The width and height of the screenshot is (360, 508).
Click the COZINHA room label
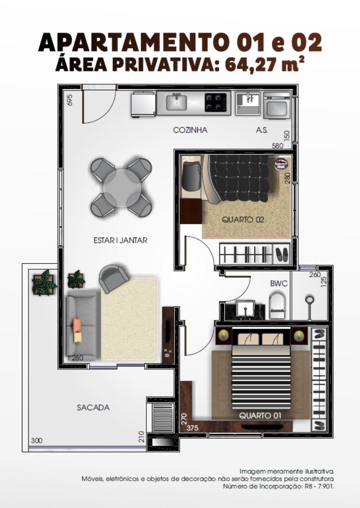[x=190, y=130]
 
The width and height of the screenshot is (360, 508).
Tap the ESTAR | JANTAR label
[x=121, y=240]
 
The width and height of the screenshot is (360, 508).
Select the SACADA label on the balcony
[x=93, y=407]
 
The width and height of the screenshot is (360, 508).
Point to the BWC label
[x=279, y=283]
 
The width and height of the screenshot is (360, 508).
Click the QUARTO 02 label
[x=243, y=219]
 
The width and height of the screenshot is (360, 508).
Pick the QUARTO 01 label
[x=260, y=416]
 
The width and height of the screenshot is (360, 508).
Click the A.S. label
[x=262, y=130]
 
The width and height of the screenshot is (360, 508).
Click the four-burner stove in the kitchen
[x=216, y=103]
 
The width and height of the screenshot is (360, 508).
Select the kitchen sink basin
[x=176, y=103]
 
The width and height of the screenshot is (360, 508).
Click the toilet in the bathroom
[x=278, y=306]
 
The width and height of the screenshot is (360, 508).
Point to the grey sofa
[x=83, y=324]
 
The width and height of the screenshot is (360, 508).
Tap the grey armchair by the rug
[x=113, y=278]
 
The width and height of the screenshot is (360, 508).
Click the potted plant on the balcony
[x=44, y=283]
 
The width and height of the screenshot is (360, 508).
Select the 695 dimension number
[x=69, y=100]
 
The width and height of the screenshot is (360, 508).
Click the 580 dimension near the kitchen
[x=277, y=146]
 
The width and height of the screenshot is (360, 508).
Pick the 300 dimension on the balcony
[x=36, y=440]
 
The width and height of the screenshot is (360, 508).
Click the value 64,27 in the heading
[x=248, y=65]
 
